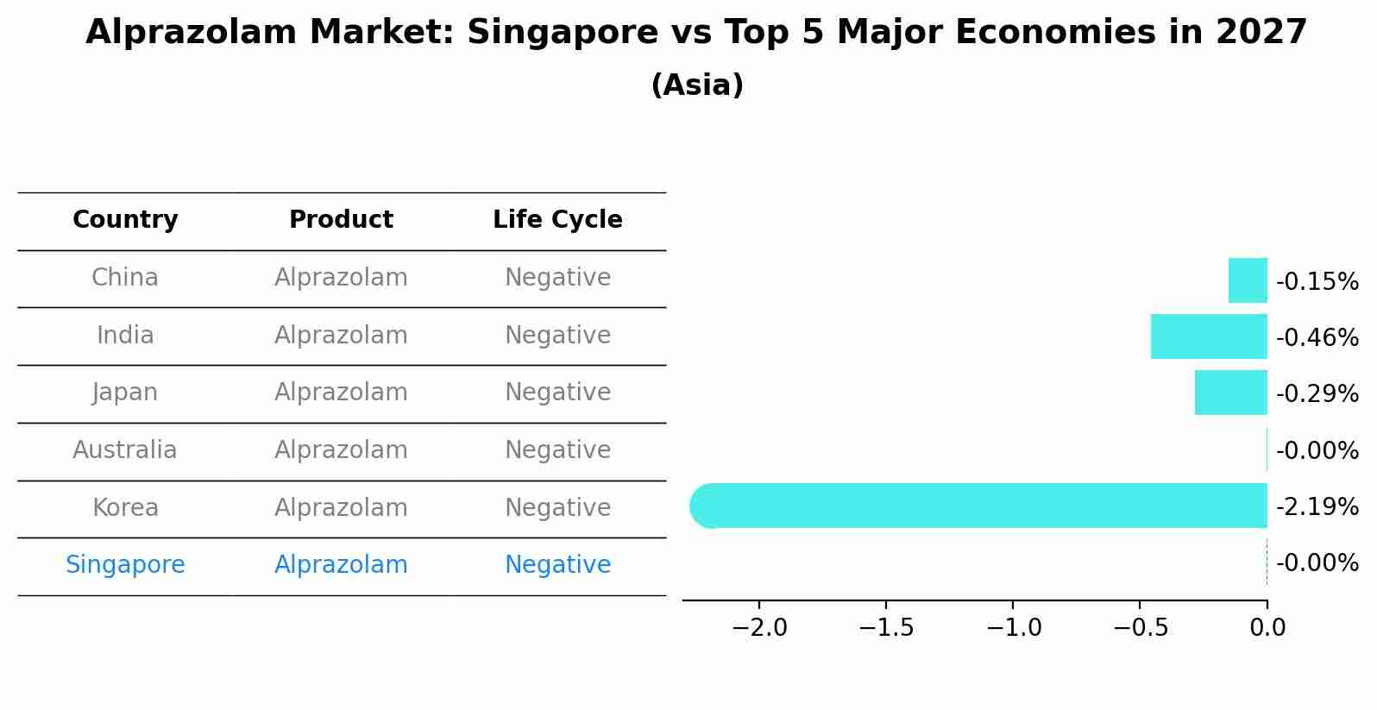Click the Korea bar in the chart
978,506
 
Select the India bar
1209,336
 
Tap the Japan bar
1230,393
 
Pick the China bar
1248,280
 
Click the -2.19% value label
1317,506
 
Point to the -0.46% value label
1317,337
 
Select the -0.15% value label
1317,282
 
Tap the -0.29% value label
1317,393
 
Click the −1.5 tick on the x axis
886,627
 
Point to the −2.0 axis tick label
759,627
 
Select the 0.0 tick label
1267,627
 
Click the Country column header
125,220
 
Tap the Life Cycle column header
557,220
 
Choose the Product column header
341,220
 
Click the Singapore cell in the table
125,565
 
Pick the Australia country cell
125,450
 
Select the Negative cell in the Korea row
557,508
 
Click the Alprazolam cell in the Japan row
341,393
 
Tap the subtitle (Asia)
697,85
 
